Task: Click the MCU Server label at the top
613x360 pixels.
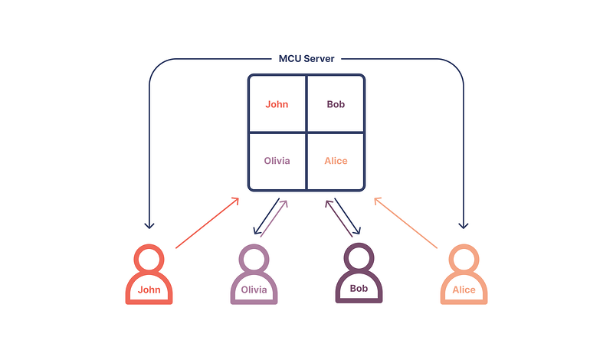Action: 306,59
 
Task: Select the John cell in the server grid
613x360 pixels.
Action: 277,104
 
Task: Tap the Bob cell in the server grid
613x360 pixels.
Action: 336,104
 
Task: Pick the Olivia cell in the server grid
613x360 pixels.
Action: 277,161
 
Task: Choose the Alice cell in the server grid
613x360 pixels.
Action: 336,161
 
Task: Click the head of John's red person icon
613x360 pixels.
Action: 149,258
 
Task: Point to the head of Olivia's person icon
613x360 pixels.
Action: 254,258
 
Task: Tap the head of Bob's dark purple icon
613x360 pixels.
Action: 359,258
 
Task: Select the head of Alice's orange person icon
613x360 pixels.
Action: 464,258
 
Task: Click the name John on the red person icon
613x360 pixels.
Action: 149,290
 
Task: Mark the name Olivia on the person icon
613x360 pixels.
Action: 254,290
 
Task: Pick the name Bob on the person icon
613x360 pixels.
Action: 359,290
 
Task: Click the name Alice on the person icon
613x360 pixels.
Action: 464,290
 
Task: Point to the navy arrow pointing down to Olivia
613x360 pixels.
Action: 265,217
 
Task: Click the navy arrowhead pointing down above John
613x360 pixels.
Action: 149,224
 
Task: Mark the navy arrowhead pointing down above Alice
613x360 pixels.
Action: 463,224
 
